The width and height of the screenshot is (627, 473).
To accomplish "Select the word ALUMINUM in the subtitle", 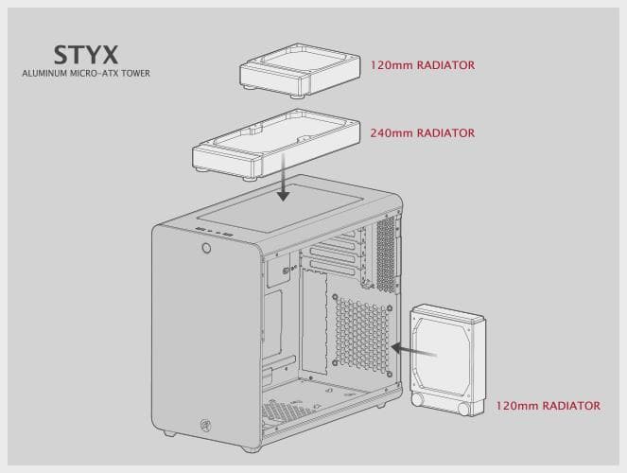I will [43, 73].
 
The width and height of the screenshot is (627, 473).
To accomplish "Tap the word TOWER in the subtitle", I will [133, 73].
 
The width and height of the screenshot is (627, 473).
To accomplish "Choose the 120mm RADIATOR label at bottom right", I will [548, 406].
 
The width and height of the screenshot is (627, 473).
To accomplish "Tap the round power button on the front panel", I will [205, 250].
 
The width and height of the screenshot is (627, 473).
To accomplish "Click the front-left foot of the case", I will [169, 433].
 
